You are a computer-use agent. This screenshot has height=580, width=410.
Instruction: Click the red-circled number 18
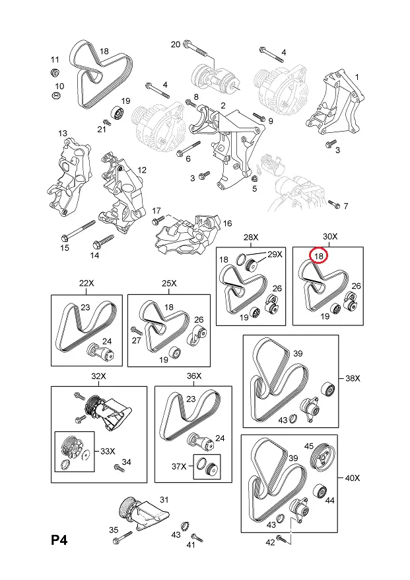(319, 255)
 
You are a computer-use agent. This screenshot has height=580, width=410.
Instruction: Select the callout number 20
(175, 44)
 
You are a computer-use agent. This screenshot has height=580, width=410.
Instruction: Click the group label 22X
(86, 284)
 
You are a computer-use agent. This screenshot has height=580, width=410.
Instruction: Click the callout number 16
(227, 224)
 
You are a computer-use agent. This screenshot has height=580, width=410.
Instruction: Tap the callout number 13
(63, 134)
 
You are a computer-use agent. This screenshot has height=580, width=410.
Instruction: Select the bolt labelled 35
(118, 541)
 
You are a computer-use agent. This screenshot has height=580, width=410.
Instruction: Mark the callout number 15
(65, 248)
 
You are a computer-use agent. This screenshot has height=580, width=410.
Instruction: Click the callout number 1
(357, 77)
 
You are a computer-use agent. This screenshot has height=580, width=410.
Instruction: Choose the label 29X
(274, 255)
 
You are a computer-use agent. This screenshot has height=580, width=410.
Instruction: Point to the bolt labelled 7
(336, 206)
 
